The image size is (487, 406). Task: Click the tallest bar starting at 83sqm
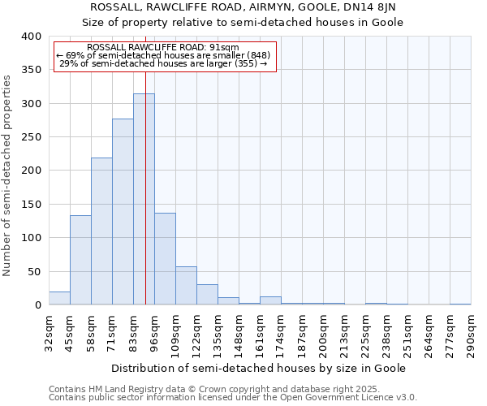[x=144, y=199]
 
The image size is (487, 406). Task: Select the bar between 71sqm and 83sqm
[x=123, y=212]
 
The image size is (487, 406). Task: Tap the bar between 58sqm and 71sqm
[x=101, y=231]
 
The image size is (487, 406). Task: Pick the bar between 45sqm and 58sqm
[x=80, y=260]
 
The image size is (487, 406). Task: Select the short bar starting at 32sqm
[x=59, y=298]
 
